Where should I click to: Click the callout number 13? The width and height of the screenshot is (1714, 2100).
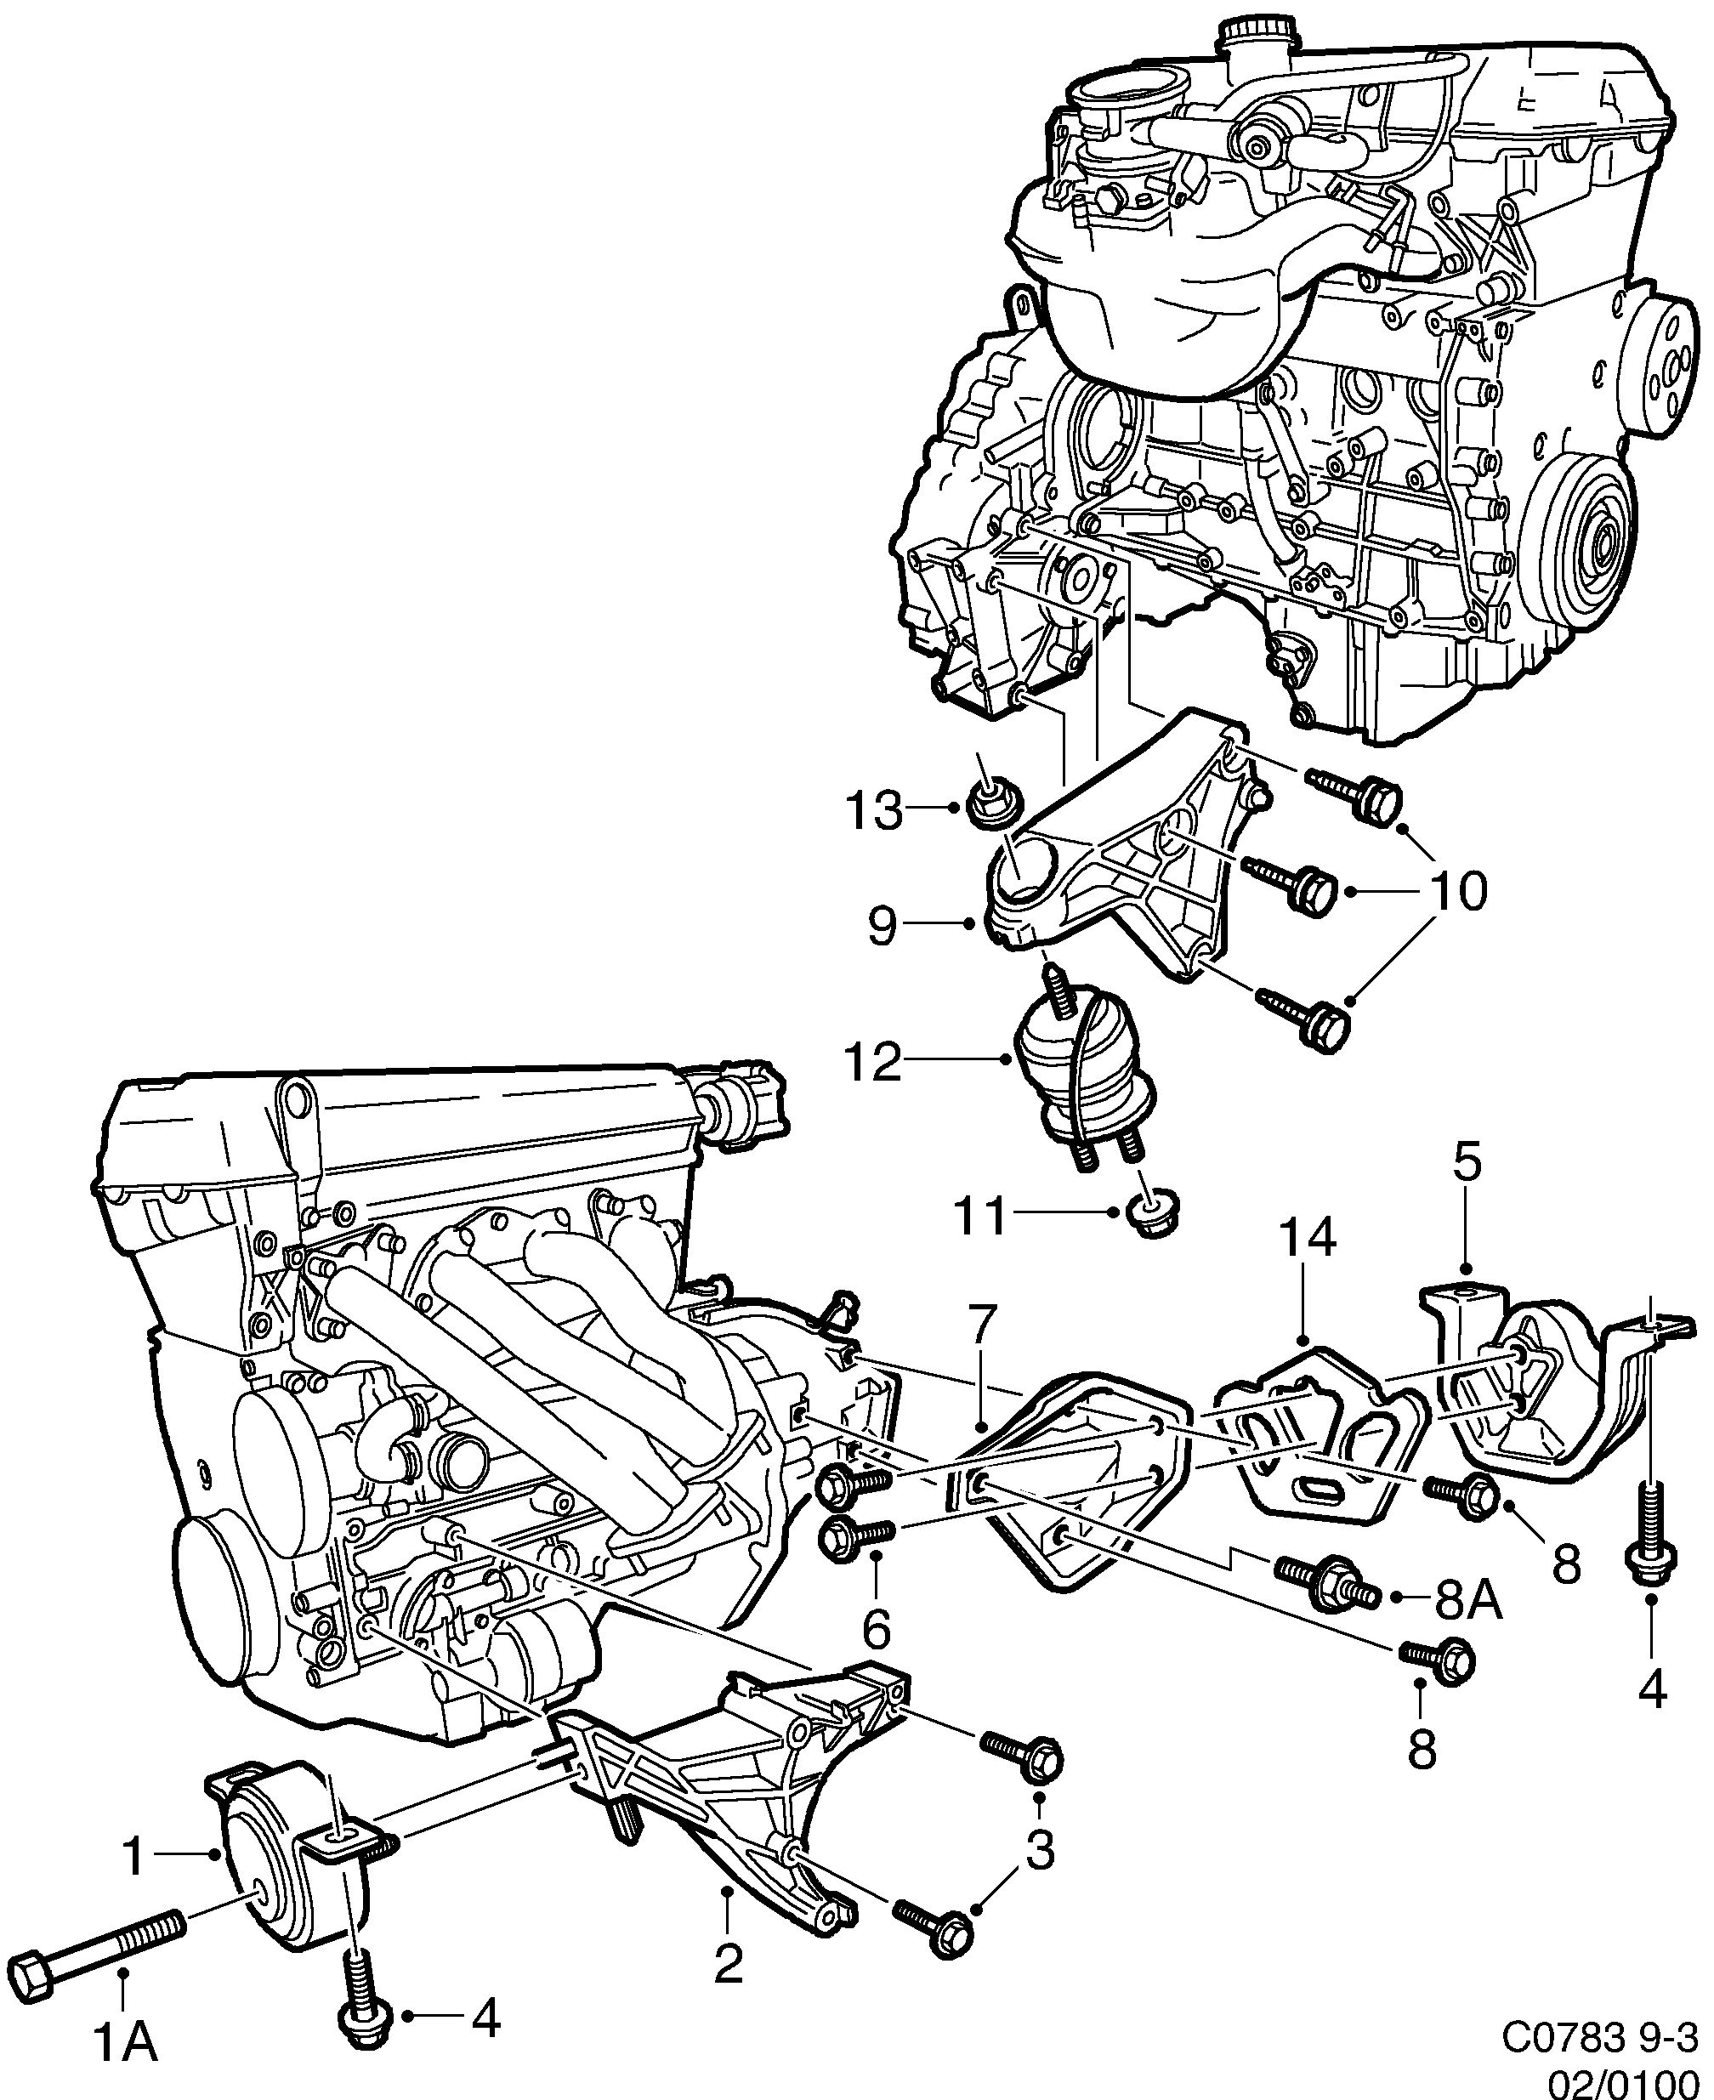coord(874,813)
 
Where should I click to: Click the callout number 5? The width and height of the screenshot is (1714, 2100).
coord(1467,1164)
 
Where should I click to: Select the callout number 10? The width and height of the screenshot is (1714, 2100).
coord(1457,892)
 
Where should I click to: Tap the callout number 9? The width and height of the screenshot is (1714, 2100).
coord(883,926)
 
